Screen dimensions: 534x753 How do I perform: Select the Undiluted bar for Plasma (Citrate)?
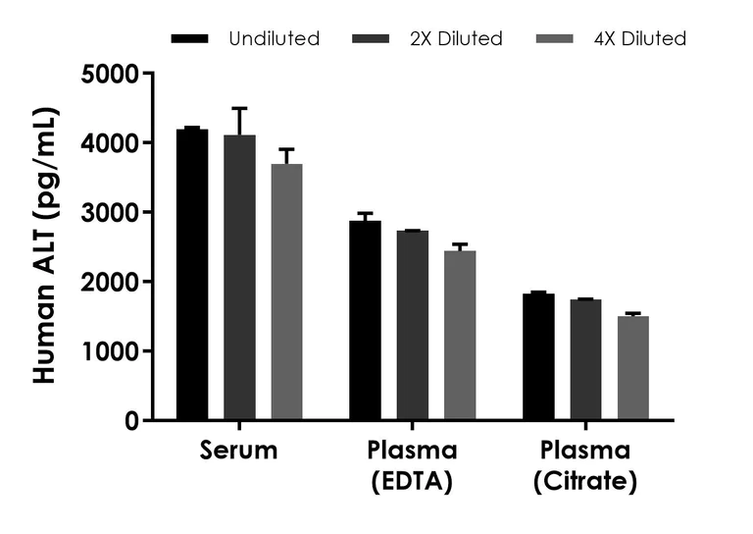coord(538,357)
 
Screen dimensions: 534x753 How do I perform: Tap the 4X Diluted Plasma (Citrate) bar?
coord(632,368)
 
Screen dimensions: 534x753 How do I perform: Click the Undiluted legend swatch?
coord(189,39)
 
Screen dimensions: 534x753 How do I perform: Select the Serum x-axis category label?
coord(238,451)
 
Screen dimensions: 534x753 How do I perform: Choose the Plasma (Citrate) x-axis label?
coord(585,466)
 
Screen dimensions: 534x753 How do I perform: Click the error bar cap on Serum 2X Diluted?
coord(239,108)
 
